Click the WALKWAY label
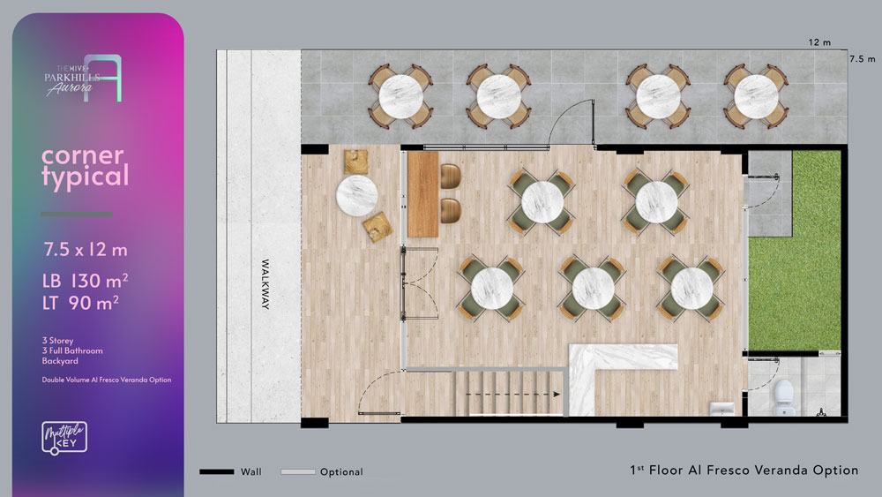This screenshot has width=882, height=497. coord(265,284)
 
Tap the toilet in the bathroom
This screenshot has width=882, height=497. coord(783,397)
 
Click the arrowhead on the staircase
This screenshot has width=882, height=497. coord(557,394)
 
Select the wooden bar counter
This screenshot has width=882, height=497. coord(422,194)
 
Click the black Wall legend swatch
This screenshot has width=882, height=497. coord(217,471)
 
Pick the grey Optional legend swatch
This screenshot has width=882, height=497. coord(297,471)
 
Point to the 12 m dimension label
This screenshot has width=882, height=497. coord(819,42)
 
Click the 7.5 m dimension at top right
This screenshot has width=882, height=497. coord(863,58)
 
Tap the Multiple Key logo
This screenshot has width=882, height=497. coord(64,438)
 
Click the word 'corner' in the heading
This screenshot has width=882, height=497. coord(83,156)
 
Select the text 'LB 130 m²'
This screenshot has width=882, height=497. coord(85,281)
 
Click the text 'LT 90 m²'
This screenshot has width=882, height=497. coord(80,303)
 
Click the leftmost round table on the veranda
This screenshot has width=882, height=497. coord(400,97)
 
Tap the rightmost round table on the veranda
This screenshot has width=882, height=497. coord(756,97)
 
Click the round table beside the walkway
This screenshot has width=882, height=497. coord(356,196)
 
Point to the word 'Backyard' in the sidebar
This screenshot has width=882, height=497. coord(60,361)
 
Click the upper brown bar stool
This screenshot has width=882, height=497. coord(451,177)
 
